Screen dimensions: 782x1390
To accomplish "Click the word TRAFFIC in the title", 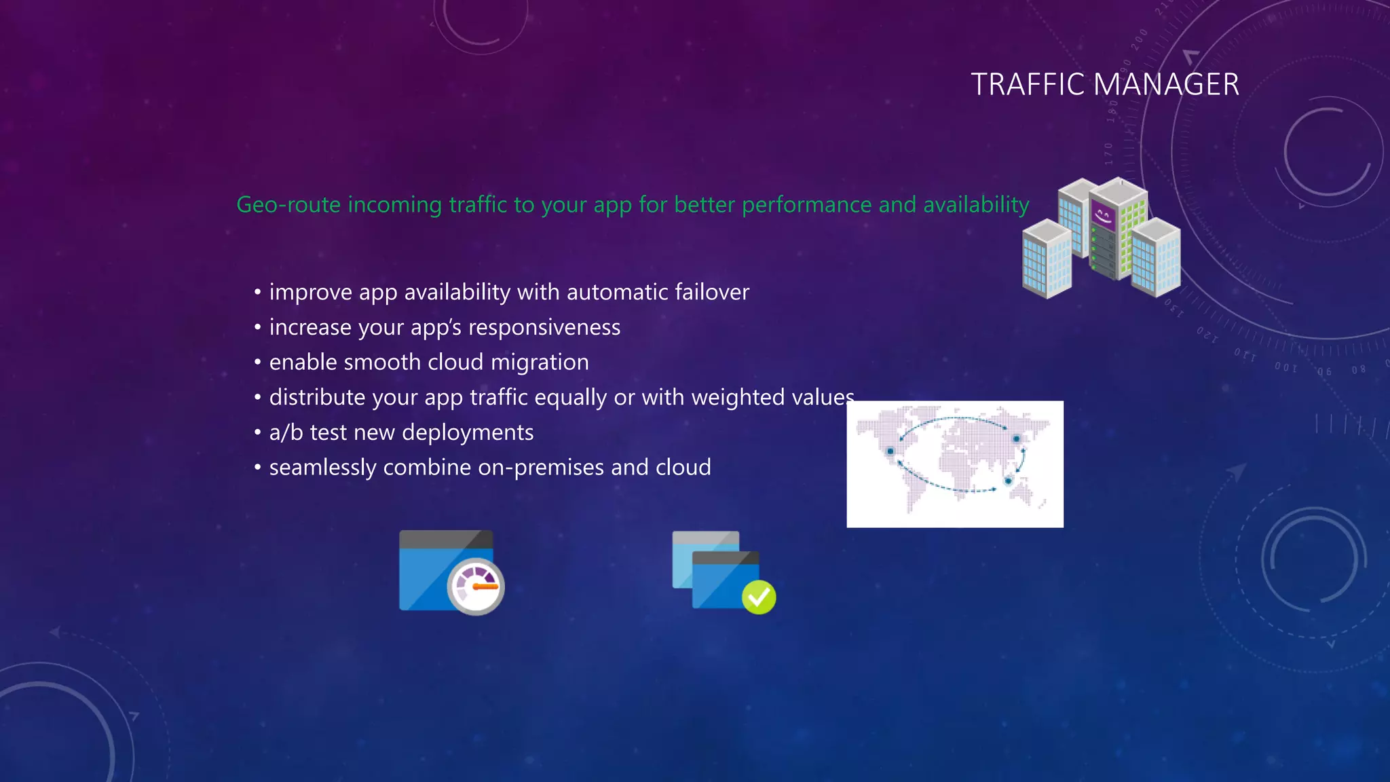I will click(1028, 85).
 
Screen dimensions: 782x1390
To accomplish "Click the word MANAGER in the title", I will click(1167, 85).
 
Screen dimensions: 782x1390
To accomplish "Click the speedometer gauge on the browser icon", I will click(476, 586).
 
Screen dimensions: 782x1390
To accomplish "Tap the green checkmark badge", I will click(759, 597).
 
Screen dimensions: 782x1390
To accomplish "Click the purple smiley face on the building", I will click(1103, 217).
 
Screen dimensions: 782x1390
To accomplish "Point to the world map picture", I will click(955, 464).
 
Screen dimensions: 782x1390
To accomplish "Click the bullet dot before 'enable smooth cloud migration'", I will click(258, 362).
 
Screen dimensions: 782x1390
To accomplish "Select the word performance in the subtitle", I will click(806, 204).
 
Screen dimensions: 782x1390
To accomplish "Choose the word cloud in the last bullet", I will click(683, 467).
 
